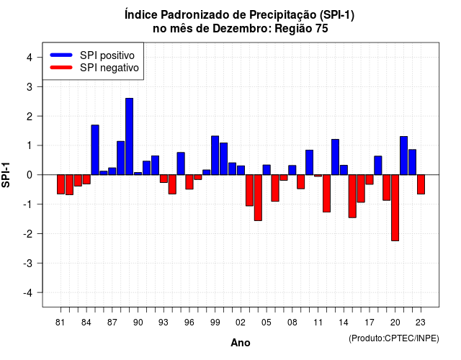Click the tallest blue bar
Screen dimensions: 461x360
pyautogui.click(x=129, y=136)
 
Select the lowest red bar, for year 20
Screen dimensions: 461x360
pyautogui.click(x=395, y=208)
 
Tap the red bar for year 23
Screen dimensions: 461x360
pyautogui.click(x=421, y=184)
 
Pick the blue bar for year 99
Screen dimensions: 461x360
pyautogui.click(x=215, y=156)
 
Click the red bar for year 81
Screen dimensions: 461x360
pyautogui.click(x=61, y=184)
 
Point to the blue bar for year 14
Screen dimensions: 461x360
pyautogui.click(x=344, y=170)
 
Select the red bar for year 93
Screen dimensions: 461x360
pyautogui.click(x=164, y=179)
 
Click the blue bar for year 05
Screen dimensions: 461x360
pyautogui.click(x=267, y=170)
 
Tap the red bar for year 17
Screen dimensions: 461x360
pyautogui.click(x=370, y=179)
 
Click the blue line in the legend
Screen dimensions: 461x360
pyautogui.click(x=61, y=55)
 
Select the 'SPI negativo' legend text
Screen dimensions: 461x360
pyautogui.click(x=109, y=68)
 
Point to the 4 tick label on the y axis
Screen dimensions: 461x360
pyautogui.click(x=30, y=58)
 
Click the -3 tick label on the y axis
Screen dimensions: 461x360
pyautogui.click(x=27, y=263)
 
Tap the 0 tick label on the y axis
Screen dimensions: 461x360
pyautogui.click(x=30, y=175)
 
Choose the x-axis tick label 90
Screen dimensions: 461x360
pyautogui.click(x=138, y=323)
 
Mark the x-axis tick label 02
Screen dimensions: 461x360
pyautogui.click(x=241, y=323)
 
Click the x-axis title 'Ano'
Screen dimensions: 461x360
pyautogui.click(x=241, y=343)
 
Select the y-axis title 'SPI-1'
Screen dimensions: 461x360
pyautogui.click(x=6, y=175)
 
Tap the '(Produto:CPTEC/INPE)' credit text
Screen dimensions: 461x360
pyautogui.click(x=394, y=338)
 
